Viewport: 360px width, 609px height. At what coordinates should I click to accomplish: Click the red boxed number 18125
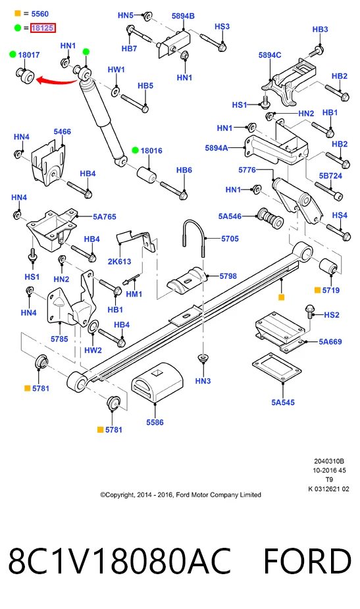pyautogui.click(x=43, y=28)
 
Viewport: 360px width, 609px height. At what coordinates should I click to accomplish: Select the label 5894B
pyautogui.click(x=183, y=16)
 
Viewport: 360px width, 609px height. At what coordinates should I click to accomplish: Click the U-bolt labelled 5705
pyautogui.click(x=193, y=237)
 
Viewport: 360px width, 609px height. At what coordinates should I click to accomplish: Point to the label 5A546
pyautogui.click(x=230, y=216)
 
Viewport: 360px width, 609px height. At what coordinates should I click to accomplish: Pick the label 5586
pyautogui.click(x=155, y=422)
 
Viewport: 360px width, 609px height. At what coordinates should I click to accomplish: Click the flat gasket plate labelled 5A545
pyautogui.click(x=276, y=367)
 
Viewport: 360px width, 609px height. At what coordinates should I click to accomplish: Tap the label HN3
pyautogui.click(x=203, y=381)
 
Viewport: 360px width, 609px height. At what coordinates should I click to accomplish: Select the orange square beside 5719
pyautogui.click(x=318, y=290)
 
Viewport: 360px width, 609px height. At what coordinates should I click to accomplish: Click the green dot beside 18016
pyautogui.click(x=136, y=151)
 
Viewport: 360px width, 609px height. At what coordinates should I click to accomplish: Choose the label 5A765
pyautogui.click(x=104, y=217)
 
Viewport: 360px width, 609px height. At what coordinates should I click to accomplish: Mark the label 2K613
pyautogui.click(x=119, y=261)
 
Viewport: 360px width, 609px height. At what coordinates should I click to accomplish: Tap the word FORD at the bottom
pyautogui.click(x=307, y=561)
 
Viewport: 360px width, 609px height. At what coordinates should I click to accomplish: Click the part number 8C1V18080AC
pyautogui.click(x=120, y=561)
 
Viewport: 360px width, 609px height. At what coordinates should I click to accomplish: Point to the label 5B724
pyautogui.click(x=330, y=176)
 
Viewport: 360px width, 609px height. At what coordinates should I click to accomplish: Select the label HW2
pyautogui.click(x=93, y=350)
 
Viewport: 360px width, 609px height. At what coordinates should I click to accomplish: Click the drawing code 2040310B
pyautogui.click(x=329, y=462)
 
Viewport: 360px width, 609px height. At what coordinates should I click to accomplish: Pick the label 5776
pyautogui.click(x=247, y=170)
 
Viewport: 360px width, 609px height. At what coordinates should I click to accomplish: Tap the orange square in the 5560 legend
pyautogui.click(x=18, y=14)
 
